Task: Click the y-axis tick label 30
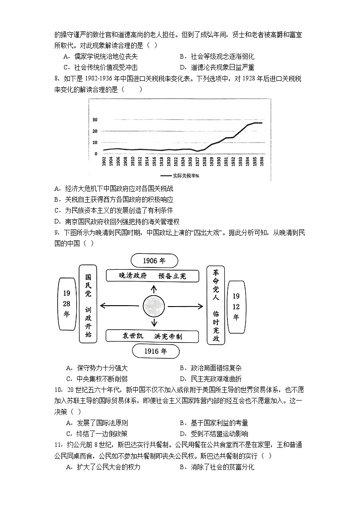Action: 95,119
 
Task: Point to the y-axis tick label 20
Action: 95,131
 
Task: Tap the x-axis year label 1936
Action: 261,162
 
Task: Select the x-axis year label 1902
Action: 104,162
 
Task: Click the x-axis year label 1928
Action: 205,162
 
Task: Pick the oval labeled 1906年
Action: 154,261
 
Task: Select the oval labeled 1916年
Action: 155,351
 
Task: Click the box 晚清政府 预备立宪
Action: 153,276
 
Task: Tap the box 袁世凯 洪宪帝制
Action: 153,337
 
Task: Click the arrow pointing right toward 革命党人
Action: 186,306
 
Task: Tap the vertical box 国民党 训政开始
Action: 88,304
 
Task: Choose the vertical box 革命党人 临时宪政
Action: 216,305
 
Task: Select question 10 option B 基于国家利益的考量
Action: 220,423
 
